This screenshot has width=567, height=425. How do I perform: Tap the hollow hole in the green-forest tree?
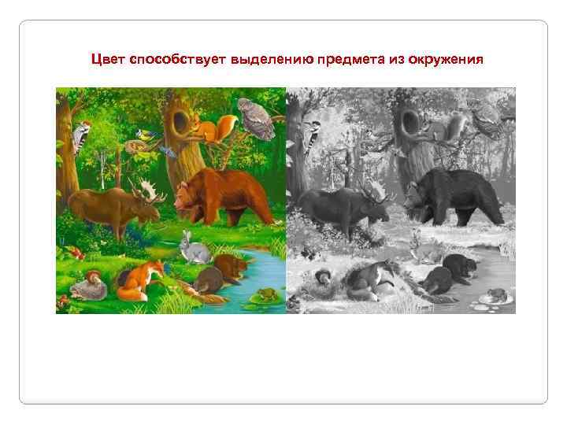pyautogui.click(x=180, y=121)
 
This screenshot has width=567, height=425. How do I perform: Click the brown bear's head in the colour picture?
pyautogui.click(x=186, y=194)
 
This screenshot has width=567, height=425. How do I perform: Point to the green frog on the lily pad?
pyautogui.click(x=265, y=294)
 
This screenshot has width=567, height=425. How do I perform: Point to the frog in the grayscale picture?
pyautogui.click(x=496, y=294)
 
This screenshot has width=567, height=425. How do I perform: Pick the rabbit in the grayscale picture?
pyautogui.click(x=424, y=250)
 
